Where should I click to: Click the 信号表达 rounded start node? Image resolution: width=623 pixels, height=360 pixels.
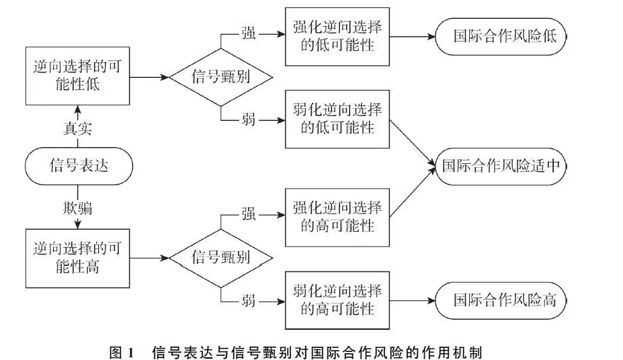coord(79,166)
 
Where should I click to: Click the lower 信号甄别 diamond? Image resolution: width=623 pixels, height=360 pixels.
coord(220,257)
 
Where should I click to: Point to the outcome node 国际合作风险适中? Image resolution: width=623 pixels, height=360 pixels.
coord(500,166)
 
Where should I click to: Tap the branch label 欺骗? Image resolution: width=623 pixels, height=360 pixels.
coord(77,208)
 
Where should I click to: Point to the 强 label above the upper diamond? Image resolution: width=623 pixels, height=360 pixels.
coord(248,34)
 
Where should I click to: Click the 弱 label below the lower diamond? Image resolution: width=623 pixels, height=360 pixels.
coord(248,300)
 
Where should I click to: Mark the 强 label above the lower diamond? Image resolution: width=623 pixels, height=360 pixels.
coord(248,214)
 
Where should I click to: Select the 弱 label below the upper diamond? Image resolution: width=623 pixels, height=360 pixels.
coord(248,120)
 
